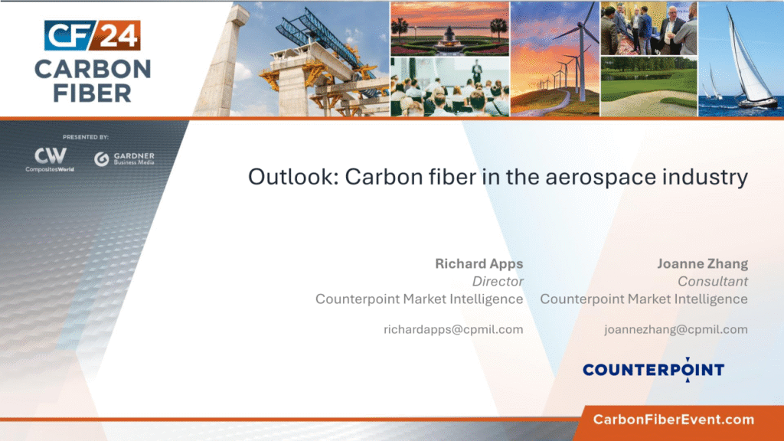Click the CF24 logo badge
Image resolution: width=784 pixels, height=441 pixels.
point(92,35)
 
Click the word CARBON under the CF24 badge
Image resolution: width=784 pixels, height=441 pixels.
point(93,70)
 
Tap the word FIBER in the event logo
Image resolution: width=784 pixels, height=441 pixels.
point(93,93)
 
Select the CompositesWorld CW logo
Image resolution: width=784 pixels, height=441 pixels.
point(50,159)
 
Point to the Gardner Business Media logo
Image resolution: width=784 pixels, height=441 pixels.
point(125,158)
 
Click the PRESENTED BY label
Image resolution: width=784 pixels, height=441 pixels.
point(86,137)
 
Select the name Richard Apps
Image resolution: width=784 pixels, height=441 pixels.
point(479,264)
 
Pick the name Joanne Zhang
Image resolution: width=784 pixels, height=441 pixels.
point(703,264)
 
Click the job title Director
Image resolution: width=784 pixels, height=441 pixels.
point(498,282)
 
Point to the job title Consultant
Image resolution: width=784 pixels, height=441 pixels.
point(713,282)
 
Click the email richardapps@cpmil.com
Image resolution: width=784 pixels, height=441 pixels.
point(453,329)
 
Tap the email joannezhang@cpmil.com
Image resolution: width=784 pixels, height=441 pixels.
point(676,329)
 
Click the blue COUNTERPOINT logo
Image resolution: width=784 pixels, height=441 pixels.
point(654,370)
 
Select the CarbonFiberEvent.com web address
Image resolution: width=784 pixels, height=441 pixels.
point(674,420)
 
